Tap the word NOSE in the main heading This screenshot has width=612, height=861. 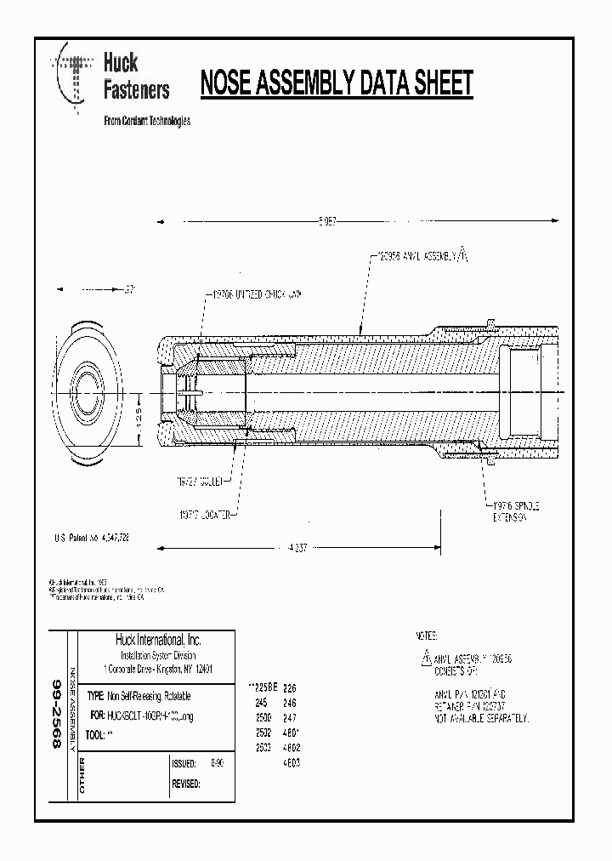point(224,83)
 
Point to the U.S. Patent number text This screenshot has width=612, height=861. point(91,539)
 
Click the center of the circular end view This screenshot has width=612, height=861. point(85,392)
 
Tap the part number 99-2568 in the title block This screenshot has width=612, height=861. point(58,713)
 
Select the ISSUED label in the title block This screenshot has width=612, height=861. point(184,763)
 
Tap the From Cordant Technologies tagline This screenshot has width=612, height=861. point(146,121)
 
